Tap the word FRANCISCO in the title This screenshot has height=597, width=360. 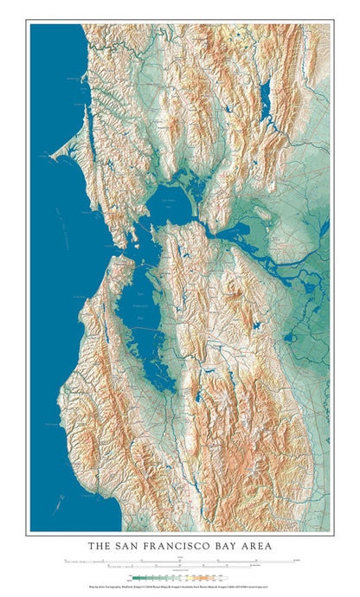click(x=181, y=546)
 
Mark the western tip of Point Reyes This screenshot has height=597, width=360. click(x=54, y=158)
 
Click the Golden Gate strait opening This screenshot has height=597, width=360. click(x=122, y=247)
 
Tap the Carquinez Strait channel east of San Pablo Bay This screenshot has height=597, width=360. click(x=209, y=227)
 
